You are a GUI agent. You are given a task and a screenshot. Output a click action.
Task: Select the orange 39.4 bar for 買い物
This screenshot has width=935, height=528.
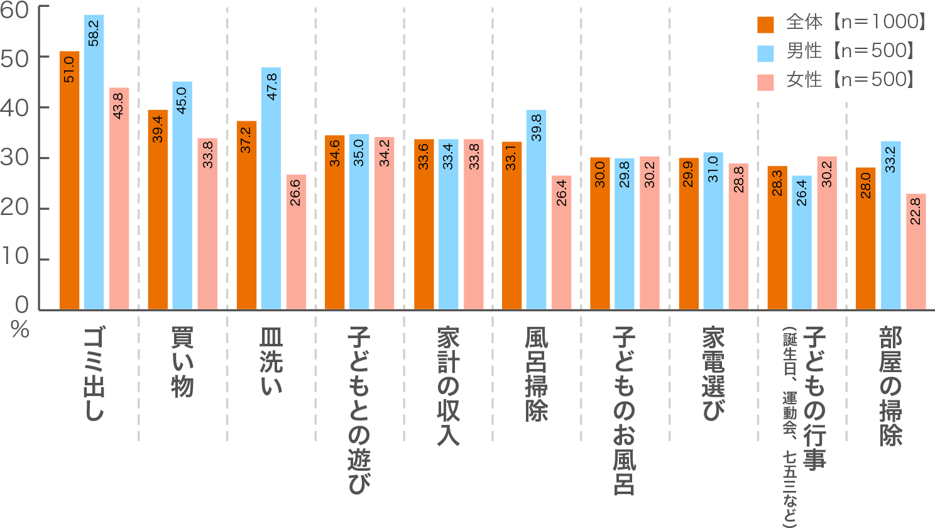tap(158, 210)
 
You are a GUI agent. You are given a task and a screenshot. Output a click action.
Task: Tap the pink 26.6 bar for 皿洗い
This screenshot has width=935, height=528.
tap(296, 242)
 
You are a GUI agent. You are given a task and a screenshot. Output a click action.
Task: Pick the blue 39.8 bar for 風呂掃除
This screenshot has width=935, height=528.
tap(536, 210)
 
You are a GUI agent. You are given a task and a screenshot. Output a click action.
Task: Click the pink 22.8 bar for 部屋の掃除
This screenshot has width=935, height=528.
tap(916, 252)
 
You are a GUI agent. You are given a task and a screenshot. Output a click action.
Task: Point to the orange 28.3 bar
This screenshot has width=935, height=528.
tap(777, 238)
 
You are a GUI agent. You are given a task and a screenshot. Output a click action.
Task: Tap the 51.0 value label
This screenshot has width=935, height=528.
tap(69, 69)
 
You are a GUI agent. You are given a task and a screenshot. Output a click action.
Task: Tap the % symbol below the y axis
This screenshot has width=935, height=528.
tap(20, 329)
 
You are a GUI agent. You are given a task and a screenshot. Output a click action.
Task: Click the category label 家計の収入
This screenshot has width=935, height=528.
tap(448, 386)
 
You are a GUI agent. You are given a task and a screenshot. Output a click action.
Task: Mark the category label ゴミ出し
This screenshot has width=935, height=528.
tap(94, 373)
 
